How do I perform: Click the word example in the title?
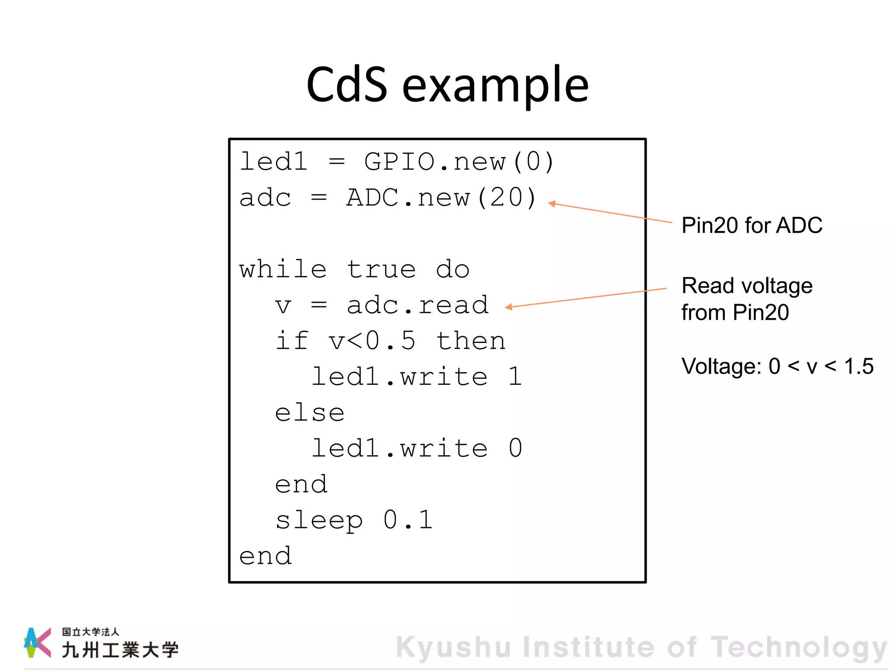tap(495, 86)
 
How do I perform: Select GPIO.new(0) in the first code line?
tap(459, 162)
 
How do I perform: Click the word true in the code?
tap(381, 269)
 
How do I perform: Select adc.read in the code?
tap(417, 305)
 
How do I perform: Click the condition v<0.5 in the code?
tap(372, 341)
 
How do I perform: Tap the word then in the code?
tap(471, 341)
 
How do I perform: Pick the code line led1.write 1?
tap(416, 377)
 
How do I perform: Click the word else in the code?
tap(310, 413)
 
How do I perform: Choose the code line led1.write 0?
tap(416, 448)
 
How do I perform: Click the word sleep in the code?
tap(319, 521)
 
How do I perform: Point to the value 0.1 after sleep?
tap(408, 520)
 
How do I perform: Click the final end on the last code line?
tap(265, 556)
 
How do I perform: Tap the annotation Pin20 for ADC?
tap(752, 226)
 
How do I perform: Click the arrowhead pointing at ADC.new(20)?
tap(552, 204)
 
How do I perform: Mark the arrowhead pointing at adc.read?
tap(508, 307)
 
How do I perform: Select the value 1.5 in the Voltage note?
tap(858, 366)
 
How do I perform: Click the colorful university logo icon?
tap(37, 642)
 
